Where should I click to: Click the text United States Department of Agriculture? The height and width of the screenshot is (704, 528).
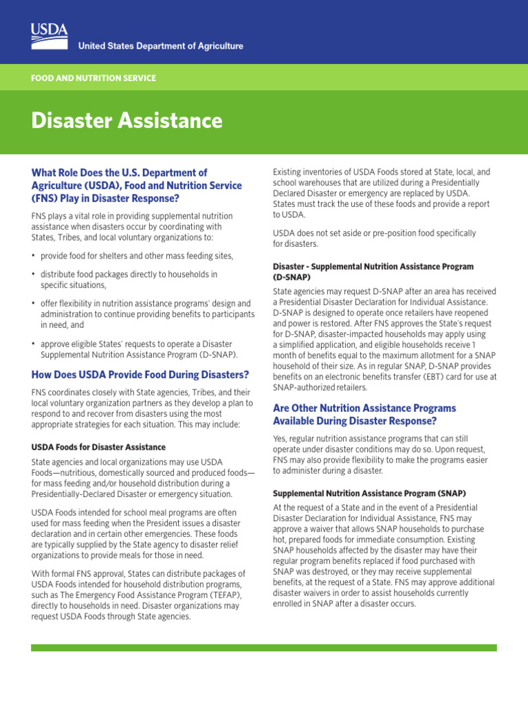tap(161, 46)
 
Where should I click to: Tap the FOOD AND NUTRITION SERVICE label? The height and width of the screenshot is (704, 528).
tap(93, 78)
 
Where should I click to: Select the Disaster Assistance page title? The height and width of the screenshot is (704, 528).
tap(126, 121)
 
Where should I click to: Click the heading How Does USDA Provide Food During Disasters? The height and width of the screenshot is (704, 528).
tap(140, 375)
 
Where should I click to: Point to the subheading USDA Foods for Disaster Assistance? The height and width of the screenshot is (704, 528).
tap(98, 447)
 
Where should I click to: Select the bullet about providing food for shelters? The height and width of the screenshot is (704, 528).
tap(137, 256)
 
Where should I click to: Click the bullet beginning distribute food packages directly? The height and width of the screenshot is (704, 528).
tap(129, 279)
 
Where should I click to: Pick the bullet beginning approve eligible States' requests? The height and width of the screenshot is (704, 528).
tap(139, 349)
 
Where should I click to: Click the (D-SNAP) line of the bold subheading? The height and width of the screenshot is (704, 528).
tap(292, 278)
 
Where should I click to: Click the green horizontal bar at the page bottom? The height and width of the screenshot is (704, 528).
tap(264, 648)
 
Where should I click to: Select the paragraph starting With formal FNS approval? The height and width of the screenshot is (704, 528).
tap(138, 595)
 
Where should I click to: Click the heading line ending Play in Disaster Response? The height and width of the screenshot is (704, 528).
tap(105, 199)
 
